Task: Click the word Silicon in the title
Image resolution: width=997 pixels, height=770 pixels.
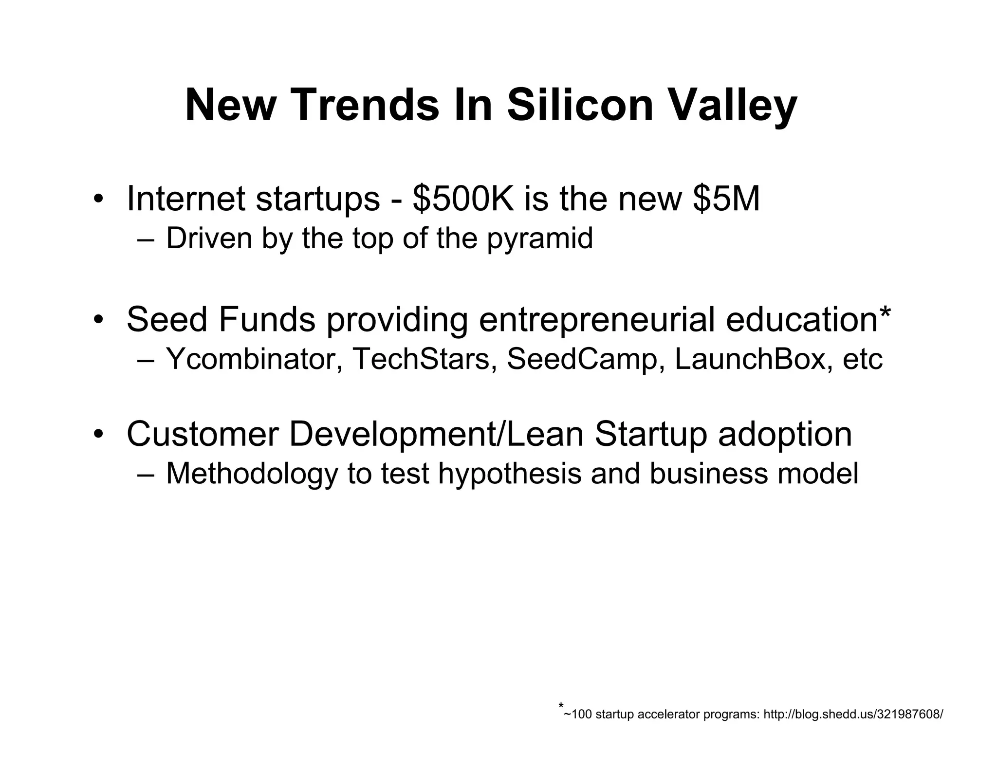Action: [x=580, y=105]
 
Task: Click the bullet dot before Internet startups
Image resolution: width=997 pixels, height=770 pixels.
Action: [x=99, y=200]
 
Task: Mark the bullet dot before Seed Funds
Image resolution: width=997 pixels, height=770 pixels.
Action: [x=99, y=320]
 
